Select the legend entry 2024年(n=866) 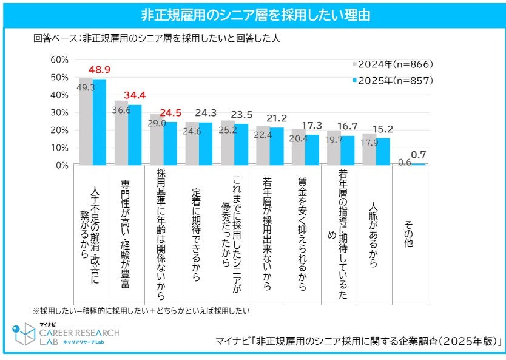[396, 64]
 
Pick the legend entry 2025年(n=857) [396, 80]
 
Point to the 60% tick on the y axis [59, 59]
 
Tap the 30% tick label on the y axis [59, 112]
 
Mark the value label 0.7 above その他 [418, 155]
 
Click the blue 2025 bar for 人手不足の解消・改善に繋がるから [99, 122]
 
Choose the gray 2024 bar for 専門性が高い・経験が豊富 [121, 133]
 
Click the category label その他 [409, 232]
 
